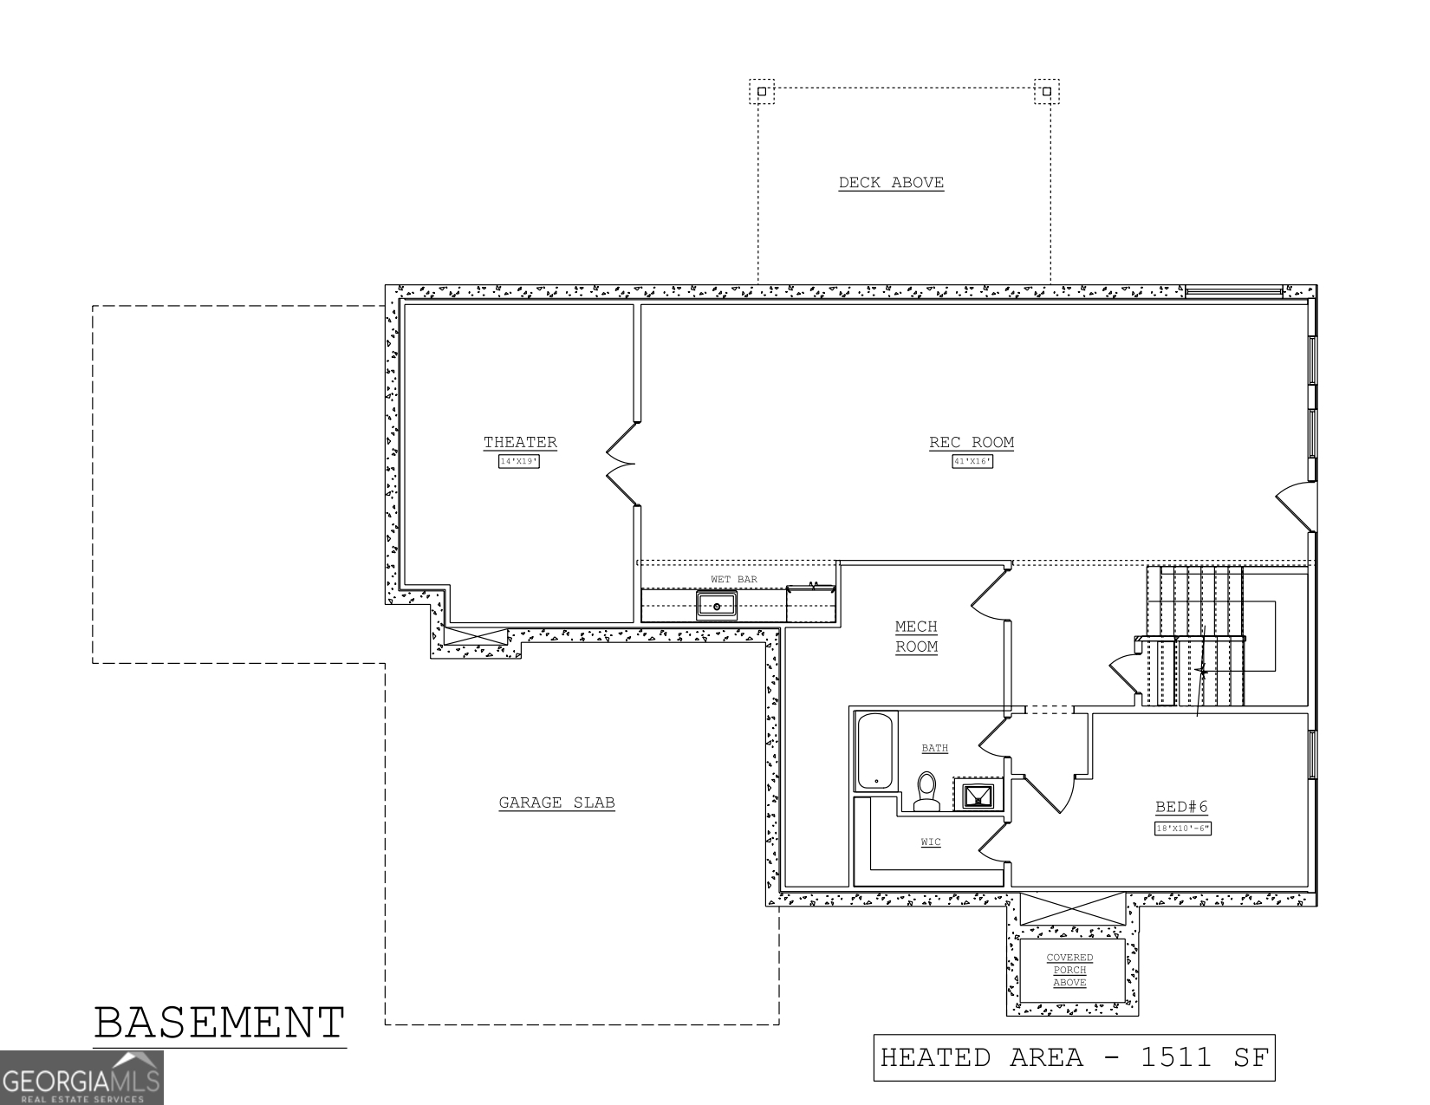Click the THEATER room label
click(520, 443)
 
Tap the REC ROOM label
click(972, 443)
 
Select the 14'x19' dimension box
click(519, 462)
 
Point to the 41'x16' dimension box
click(972, 462)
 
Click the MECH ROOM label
click(916, 636)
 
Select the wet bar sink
click(717, 605)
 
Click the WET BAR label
click(734, 579)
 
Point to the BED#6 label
click(1181, 808)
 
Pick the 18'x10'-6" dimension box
click(1182, 829)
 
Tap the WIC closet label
click(931, 842)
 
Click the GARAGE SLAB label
click(556, 803)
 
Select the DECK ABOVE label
click(891, 183)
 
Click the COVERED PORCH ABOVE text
click(1070, 970)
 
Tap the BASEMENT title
click(219, 1023)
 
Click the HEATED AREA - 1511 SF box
click(1074, 1057)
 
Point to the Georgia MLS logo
click(81, 1078)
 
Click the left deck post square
click(762, 91)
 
